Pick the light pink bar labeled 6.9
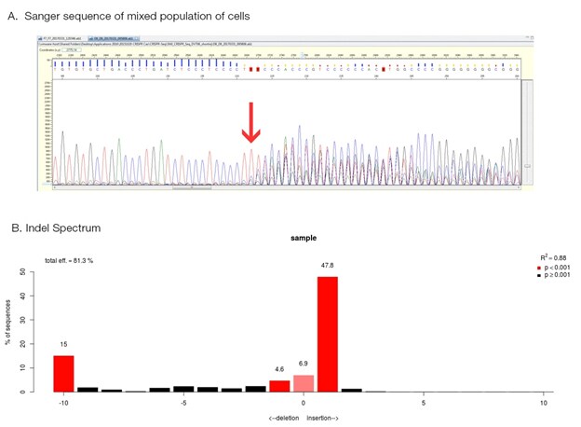tap(304, 383)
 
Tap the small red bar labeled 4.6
tap(279, 386)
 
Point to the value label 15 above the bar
tap(63, 345)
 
